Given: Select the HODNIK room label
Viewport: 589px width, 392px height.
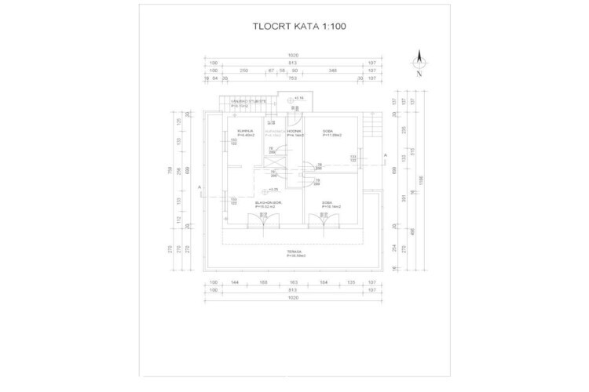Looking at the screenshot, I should [x=294, y=131].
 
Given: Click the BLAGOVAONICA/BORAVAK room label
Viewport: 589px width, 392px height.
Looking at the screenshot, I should [x=269, y=203].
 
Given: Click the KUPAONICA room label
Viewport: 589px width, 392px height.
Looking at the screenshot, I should [x=273, y=131].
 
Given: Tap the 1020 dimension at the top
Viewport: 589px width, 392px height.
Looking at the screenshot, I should [x=293, y=55].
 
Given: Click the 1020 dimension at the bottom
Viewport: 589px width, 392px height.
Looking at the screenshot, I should [x=293, y=297].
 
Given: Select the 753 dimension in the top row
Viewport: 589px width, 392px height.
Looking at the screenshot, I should [x=291, y=78].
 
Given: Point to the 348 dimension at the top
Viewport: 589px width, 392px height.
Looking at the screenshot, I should [x=333, y=71].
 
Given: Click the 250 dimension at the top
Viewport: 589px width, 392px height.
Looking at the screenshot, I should [x=244, y=71].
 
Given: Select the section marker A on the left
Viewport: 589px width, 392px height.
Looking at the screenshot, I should [x=201, y=187].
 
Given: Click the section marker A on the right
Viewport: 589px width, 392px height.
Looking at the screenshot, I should [x=385, y=155].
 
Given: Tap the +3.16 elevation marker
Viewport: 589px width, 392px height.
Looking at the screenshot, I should [x=298, y=98].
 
